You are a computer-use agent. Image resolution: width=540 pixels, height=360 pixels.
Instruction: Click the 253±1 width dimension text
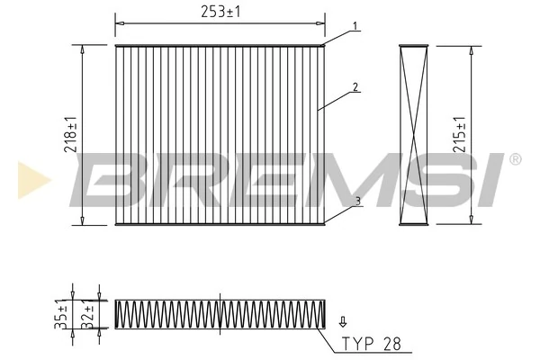221,11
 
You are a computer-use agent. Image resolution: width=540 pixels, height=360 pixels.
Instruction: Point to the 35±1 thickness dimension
61,313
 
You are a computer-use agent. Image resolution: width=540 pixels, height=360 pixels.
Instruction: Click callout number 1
355,26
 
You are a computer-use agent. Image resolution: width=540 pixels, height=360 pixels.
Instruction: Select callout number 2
355,87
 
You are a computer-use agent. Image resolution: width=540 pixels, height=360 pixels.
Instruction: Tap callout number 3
357,202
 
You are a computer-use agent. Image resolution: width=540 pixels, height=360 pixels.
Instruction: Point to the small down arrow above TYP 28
342,320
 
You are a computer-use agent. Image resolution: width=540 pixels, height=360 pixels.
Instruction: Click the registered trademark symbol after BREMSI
515,159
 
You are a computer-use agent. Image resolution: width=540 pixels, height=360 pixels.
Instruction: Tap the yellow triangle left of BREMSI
29,180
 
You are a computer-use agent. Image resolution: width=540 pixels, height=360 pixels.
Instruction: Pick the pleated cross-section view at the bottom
220,313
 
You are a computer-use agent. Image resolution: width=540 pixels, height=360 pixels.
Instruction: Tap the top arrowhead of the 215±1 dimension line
471,49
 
